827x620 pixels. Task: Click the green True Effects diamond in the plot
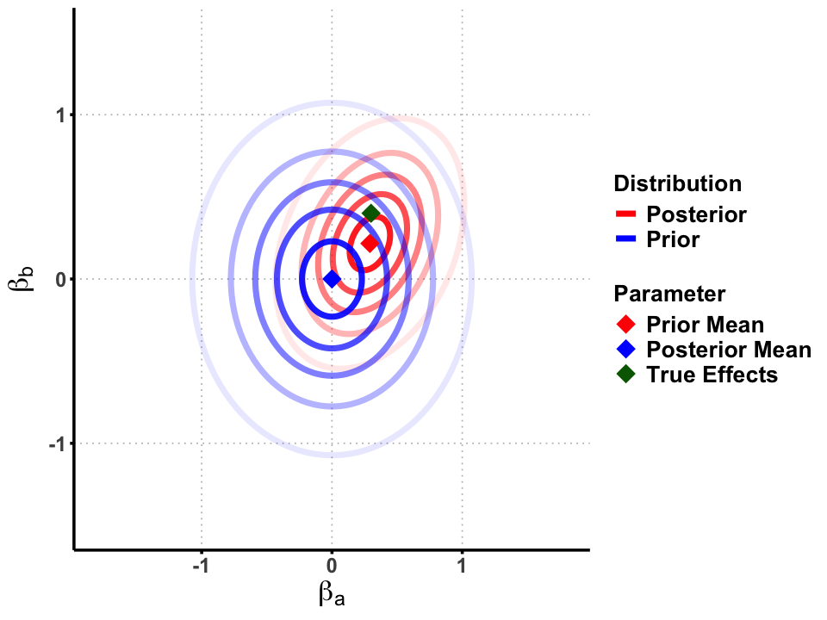371,214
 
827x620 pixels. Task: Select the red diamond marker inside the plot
370,244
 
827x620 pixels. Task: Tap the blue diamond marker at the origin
332,279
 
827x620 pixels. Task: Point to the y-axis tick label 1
61,115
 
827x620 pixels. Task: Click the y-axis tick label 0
61,280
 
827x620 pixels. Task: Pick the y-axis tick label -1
57,444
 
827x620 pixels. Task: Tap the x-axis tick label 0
332,568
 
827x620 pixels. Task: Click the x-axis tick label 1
463,568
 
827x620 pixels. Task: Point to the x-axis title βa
332,594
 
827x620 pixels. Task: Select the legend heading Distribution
677,183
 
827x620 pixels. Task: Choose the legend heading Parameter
669,294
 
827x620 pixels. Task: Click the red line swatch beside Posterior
625,214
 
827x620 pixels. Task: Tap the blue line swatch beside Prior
625,239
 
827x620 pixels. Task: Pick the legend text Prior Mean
705,325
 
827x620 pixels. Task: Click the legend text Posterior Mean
728,350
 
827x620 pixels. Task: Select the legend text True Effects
712,375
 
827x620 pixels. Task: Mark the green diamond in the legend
625,375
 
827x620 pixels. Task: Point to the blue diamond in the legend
625,350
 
